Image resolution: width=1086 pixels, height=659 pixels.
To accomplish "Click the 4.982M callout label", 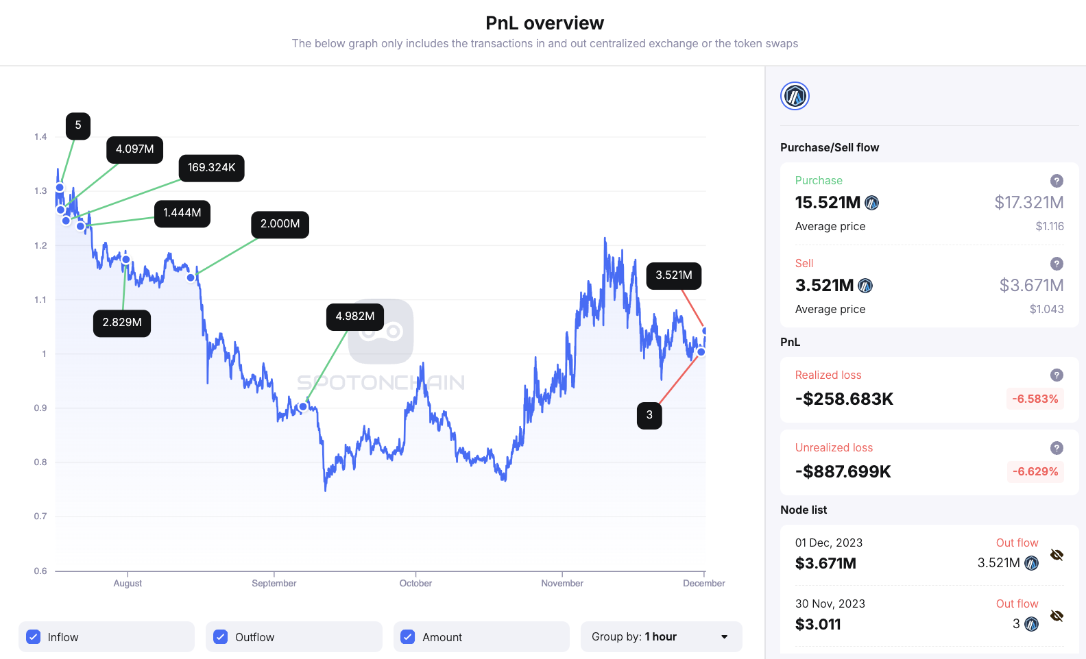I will (354, 316).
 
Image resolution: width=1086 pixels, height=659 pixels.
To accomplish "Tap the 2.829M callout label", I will (122, 323).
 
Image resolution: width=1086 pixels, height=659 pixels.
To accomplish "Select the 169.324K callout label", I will (211, 168).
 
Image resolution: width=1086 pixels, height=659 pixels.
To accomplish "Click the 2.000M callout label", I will (280, 224).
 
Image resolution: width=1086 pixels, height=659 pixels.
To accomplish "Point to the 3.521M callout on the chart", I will (673, 275).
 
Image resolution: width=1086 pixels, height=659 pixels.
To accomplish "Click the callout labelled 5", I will (78, 125).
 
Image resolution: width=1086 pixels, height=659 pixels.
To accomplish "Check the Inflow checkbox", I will (33, 637).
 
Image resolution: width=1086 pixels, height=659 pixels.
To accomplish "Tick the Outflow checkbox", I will (220, 637).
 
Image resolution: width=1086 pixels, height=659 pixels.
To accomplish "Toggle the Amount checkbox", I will (407, 637).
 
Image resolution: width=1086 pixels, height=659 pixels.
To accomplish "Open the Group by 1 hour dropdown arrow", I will (724, 637).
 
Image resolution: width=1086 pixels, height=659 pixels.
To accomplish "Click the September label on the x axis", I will (274, 584).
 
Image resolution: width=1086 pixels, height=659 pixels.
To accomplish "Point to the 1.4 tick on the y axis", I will (40, 137).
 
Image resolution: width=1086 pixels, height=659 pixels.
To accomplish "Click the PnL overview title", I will (544, 23).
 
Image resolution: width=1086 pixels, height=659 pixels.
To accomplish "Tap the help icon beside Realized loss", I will (1057, 375).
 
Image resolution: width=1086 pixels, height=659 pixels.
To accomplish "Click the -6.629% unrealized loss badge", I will (1035, 472).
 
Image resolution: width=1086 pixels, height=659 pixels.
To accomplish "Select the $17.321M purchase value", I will (1028, 203).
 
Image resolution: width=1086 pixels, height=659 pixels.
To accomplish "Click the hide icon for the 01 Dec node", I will (1057, 555).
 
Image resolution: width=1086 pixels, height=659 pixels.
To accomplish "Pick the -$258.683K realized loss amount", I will (844, 399).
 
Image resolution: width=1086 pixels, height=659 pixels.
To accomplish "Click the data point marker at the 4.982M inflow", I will (303, 407).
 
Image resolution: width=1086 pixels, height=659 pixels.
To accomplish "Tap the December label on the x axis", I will (703, 584).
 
